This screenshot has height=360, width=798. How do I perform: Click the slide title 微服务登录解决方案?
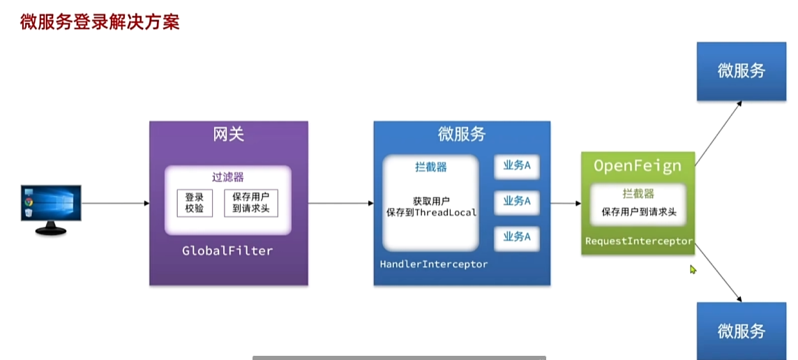click(100, 22)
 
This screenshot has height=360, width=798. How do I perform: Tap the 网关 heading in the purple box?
click(229, 135)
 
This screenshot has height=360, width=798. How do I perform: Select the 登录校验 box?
click(195, 202)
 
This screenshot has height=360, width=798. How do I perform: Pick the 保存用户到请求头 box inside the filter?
click(249, 202)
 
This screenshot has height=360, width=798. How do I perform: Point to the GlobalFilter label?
click(227, 250)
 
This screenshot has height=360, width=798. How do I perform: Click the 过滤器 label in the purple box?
click(228, 177)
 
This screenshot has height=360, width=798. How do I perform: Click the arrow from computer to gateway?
click(115, 203)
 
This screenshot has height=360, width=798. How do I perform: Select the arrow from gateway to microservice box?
click(340, 203)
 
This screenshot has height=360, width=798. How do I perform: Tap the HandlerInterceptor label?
click(434, 264)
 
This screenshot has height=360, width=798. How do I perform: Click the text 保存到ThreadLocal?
click(431, 212)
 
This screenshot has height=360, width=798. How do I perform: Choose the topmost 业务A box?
click(517, 165)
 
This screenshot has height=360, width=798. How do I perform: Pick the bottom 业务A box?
click(517, 237)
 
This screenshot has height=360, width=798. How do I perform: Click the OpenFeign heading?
click(638, 165)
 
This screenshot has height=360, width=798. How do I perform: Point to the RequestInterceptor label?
click(638, 241)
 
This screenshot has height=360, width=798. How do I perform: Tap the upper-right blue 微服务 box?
click(741, 70)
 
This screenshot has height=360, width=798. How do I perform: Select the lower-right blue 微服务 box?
click(741, 331)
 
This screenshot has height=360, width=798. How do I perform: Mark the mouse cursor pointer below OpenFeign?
click(693, 269)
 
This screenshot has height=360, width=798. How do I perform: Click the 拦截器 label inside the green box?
click(638, 194)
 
